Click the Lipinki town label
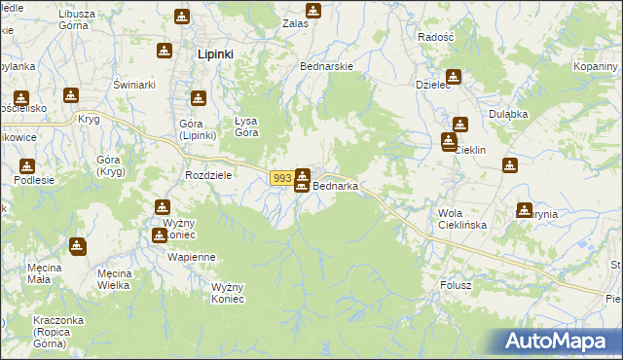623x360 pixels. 214,54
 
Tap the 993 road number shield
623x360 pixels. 281,178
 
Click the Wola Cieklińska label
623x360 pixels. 462,218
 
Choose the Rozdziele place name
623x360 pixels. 207,175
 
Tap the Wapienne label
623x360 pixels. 191,257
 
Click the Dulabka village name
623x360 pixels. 508,114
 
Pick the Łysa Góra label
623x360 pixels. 246,126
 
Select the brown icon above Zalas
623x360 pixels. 312,11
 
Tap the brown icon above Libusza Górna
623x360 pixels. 182,17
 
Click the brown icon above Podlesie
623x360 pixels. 27,166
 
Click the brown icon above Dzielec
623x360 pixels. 454,77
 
